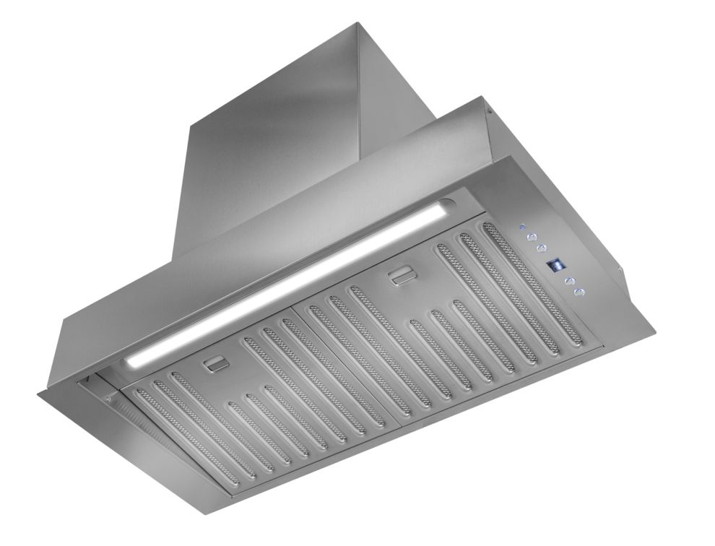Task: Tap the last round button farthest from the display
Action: [x=578, y=292]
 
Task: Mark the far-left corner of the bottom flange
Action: [x=38, y=394]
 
